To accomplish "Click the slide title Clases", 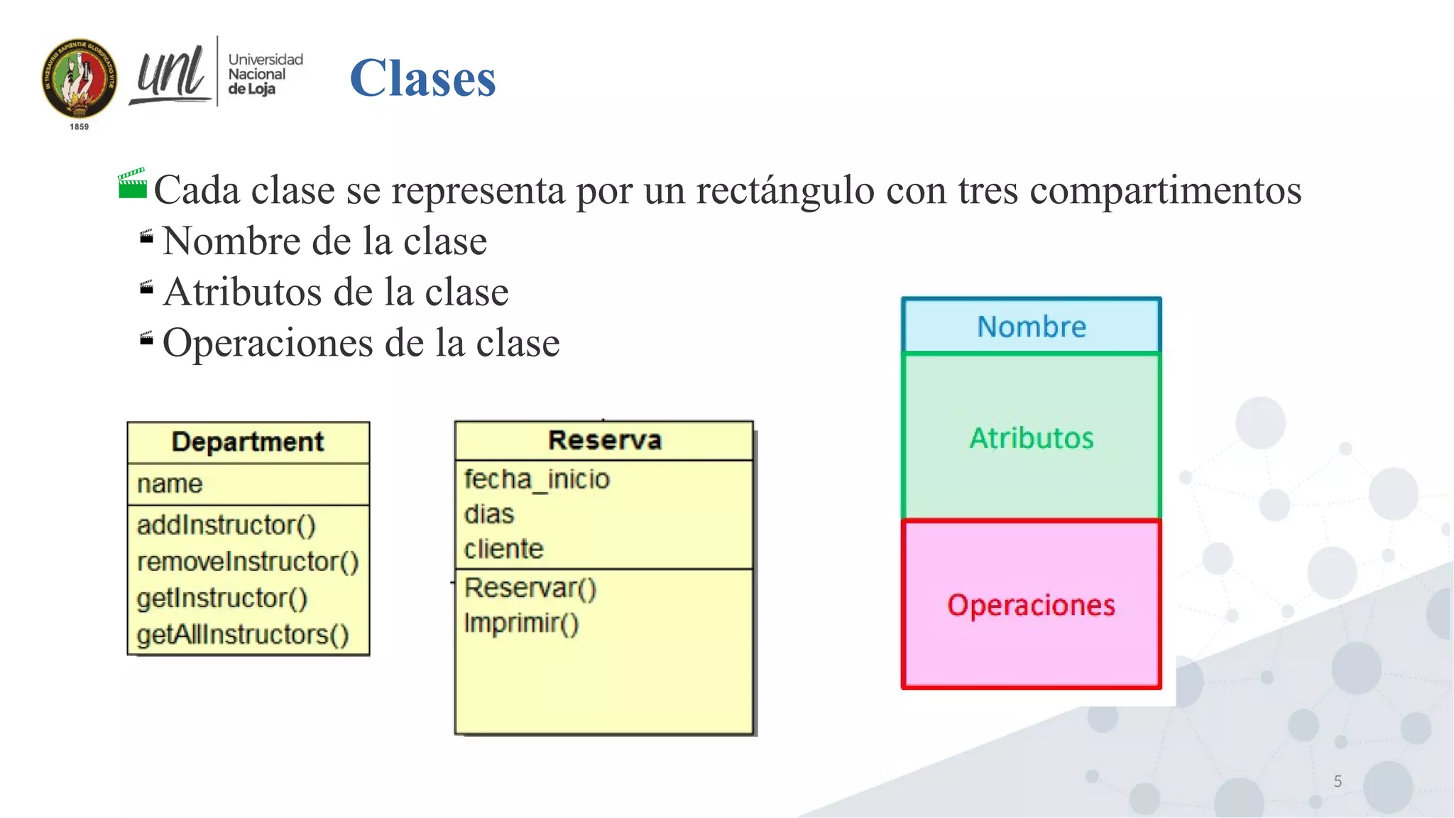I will coord(422,77).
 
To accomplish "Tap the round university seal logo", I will coord(79,78).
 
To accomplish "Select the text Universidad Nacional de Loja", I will coord(264,74).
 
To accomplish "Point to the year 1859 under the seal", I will coord(79,126).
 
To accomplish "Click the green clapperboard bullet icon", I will coord(132,184).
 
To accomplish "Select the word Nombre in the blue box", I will coord(1031,327).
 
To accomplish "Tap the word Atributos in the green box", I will coord(1031,438).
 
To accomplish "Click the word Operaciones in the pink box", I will coord(1031,605).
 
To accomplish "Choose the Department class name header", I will coord(248,442).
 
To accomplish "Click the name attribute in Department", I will coord(170,484).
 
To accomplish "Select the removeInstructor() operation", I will coord(248,562).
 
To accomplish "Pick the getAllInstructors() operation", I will coord(243,634).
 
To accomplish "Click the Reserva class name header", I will coord(604,440).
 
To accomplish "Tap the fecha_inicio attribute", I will coord(537,479).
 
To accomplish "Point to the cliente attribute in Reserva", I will coord(503,549).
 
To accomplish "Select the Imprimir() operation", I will coord(521,623).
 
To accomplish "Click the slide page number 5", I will coord(1338,781).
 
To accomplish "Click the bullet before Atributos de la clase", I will coord(146,288).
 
